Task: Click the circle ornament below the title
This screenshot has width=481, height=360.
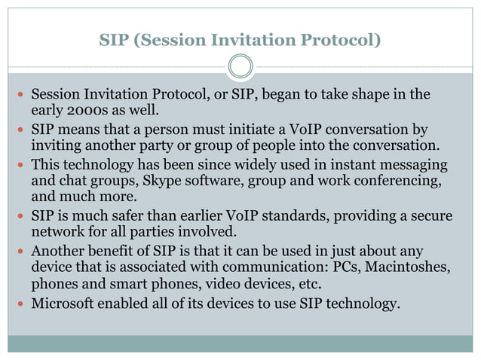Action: pyautogui.click(x=240, y=66)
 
